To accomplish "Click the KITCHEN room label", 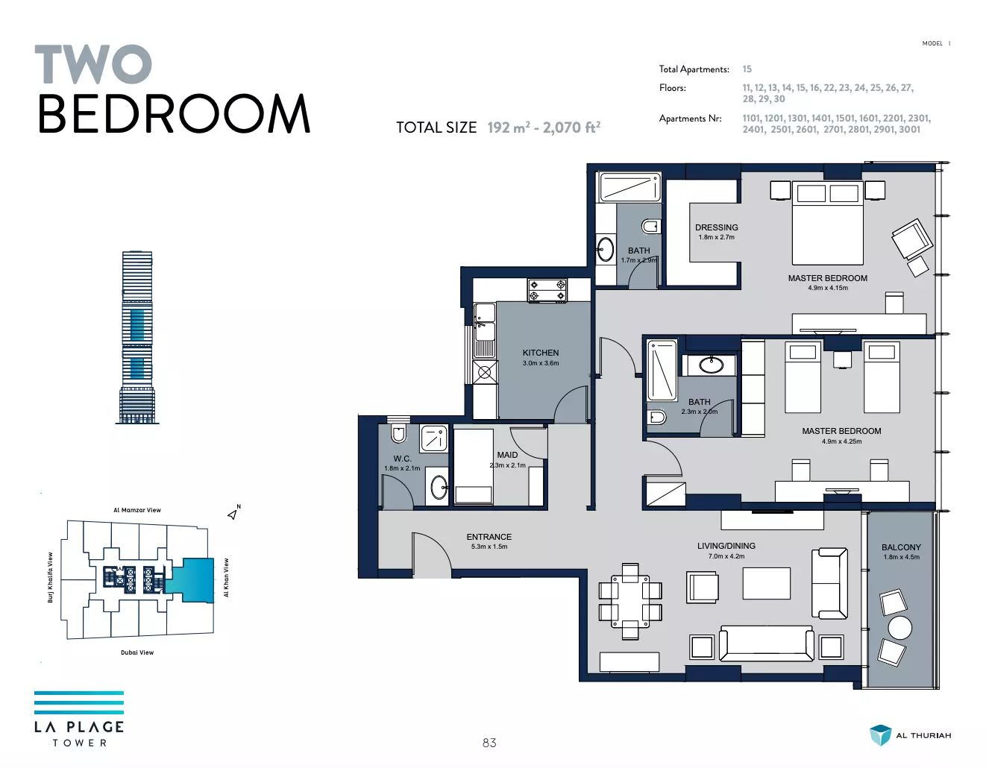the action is click(x=541, y=353).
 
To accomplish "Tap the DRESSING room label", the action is click(x=717, y=227).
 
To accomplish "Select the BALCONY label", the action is click(x=901, y=547).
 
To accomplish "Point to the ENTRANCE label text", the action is click(x=489, y=537).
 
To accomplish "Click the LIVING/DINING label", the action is click(x=726, y=546).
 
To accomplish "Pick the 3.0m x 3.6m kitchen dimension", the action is click(x=541, y=363).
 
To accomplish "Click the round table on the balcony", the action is click(x=899, y=628).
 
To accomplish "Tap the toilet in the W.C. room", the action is click(x=398, y=432).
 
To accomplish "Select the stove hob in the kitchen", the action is click(x=547, y=290).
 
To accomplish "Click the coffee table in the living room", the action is click(x=767, y=583).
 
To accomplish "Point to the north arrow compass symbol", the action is click(x=233, y=513).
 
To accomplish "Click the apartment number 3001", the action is click(x=910, y=129).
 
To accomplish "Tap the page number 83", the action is click(x=489, y=743).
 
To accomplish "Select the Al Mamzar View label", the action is click(x=137, y=510).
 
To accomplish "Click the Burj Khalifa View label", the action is click(x=51, y=577).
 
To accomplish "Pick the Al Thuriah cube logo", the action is click(x=880, y=735).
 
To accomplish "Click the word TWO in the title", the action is click(x=93, y=63).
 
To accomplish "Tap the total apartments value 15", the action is click(x=747, y=69).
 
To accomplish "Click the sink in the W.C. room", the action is click(x=439, y=487).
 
